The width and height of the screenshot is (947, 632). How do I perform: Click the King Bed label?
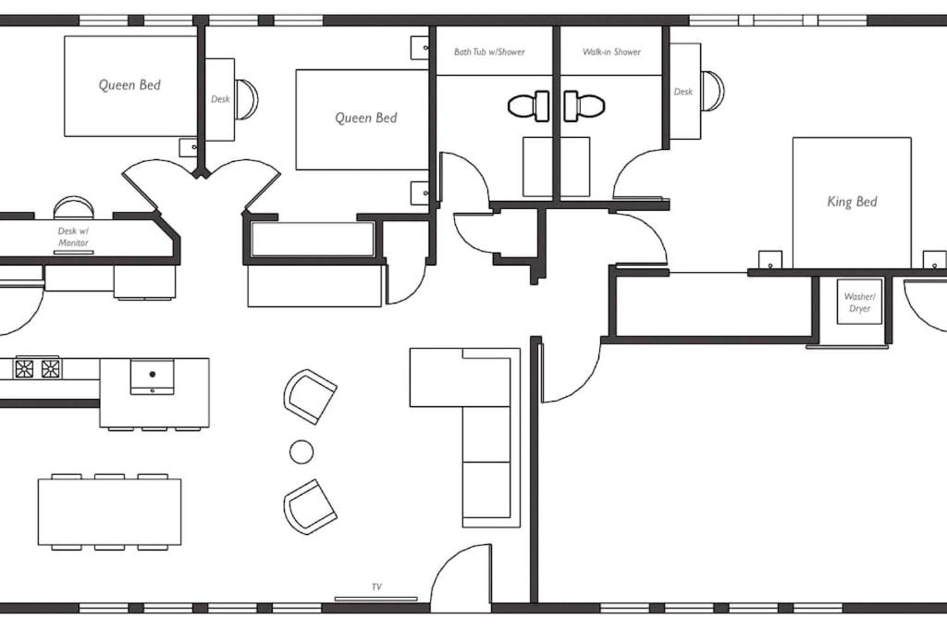tap(852, 202)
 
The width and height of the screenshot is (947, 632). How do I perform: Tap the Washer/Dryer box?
tap(859, 302)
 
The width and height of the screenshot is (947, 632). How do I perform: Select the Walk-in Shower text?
tap(611, 52)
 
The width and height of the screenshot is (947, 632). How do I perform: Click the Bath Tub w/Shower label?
tap(489, 52)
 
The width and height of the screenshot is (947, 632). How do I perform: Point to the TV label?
tap(376, 587)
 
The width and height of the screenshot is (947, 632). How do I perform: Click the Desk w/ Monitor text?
tap(73, 237)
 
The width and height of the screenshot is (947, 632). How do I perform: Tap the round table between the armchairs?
tap(301, 452)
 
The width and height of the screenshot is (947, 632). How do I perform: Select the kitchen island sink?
tap(153, 375)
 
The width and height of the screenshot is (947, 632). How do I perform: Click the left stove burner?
tap(24, 368)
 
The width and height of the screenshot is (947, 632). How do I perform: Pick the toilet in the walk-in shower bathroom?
tap(584, 106)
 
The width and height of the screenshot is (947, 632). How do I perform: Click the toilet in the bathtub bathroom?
tap(528, 106)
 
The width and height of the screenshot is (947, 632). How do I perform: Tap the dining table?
tap(109, 512)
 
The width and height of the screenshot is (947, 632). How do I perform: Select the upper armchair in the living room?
tap(310, 396)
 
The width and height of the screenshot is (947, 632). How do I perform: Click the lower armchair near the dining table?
tap(310, 506)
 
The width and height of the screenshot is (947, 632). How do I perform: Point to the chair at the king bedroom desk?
tap(712, 92)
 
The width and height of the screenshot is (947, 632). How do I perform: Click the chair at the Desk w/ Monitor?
tap(74, 207)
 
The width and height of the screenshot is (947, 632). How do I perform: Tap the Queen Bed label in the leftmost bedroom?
tap(129, 84)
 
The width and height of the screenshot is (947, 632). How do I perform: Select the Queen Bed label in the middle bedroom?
tap(366, 118)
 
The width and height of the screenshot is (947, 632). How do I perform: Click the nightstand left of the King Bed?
tap(770, 260)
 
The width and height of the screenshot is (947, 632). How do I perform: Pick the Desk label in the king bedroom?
tap(683, 92)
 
